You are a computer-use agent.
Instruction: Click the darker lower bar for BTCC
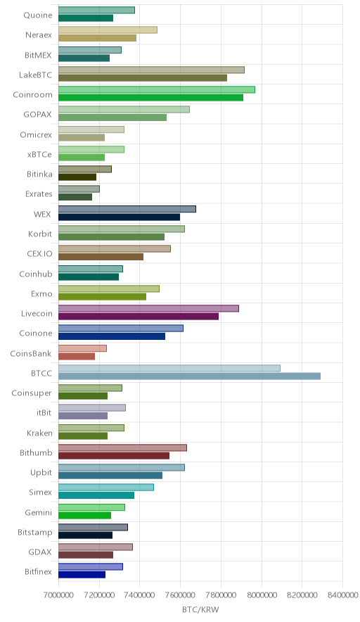pos(190,376)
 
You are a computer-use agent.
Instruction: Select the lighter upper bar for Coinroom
pos(157,89)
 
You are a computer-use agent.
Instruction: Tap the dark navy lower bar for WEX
pos(120,217)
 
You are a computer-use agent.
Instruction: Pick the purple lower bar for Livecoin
pos(139,316)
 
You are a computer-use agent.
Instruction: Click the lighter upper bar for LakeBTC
pos(151,70)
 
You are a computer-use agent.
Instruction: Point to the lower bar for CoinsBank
pos(77,356)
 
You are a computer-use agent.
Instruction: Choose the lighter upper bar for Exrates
pos(79,189)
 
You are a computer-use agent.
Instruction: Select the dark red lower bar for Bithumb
pos(114,455)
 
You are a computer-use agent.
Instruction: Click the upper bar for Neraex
pos(108,30)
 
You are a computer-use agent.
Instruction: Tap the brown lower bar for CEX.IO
pos(101,257)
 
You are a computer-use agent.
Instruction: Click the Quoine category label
pos(38,15)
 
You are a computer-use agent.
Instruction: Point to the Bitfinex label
pos(38,571)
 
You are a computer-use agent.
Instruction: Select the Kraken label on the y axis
pos(39,433)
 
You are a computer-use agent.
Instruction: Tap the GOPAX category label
pos(38,114)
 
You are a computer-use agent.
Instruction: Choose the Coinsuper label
pos(32,393)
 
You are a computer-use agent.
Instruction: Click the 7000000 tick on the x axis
pos(58,595)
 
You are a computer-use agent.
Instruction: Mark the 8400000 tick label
pos(342,595)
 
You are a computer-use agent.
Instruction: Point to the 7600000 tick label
pos(180,595)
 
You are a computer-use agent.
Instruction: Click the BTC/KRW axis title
pos(200,609)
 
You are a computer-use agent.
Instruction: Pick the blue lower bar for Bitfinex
pos(82,574)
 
